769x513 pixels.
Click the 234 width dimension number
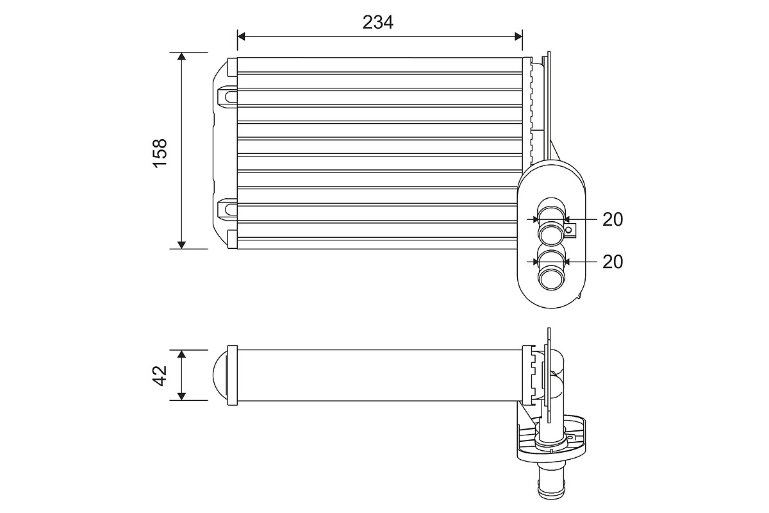coord(378,22)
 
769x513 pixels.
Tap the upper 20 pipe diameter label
coord(613,219)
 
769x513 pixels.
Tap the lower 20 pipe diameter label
coord(613,262)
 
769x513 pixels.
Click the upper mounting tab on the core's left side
coord(227,96)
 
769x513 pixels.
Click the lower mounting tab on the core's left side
coord(227,209)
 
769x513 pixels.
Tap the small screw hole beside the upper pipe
coord(568,229)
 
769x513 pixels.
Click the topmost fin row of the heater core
coord(379,65)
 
